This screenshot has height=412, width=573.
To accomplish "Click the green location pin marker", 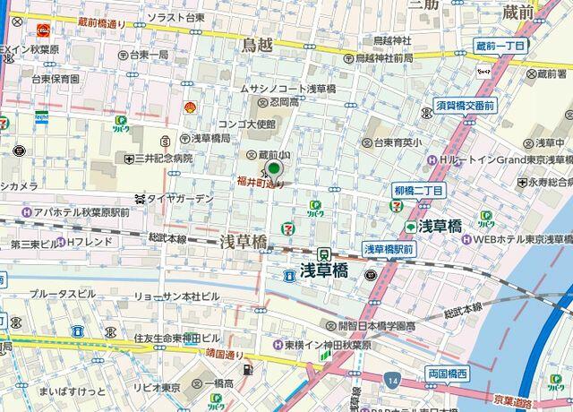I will tap(274, 168).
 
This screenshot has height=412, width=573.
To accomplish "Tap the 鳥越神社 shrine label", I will tap(391, 40).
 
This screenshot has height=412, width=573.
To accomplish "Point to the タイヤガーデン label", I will tap(179, 199).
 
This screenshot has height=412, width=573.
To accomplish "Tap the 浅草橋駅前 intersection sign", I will tap(389, 249).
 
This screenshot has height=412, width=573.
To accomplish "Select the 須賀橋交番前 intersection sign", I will tap(465, 105).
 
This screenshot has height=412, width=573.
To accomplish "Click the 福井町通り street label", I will tap(260, 184).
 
